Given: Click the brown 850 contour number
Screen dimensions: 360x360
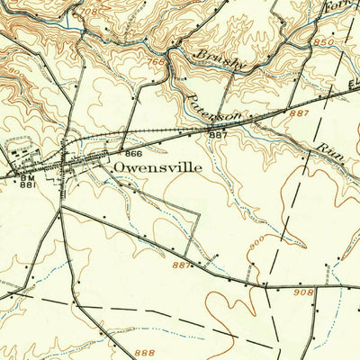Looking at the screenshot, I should [x=326, y=41].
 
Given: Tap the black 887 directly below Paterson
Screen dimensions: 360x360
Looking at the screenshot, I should [x=218, y=135].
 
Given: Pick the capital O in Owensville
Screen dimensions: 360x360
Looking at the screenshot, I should [x=120, y=167].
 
